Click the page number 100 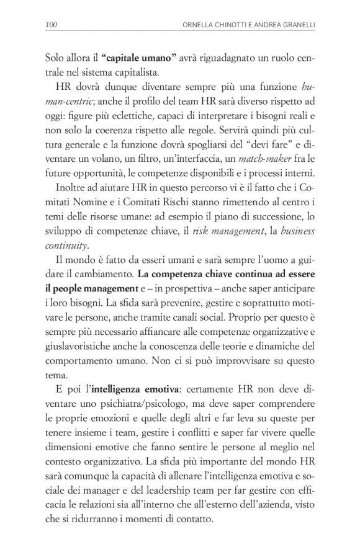pyautogui.click(x=52, y=25)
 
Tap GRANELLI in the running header pyautogui.click(x=291, y=25)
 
